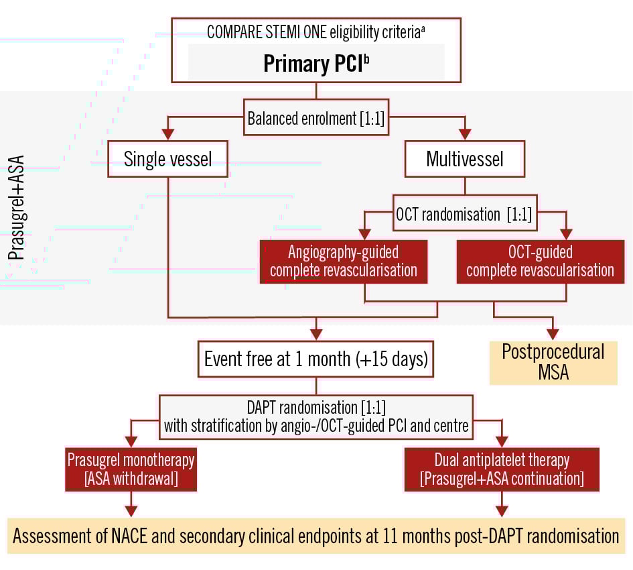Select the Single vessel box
pos(169,159)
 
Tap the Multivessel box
pos(465,160)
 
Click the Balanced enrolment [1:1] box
pos(316,119)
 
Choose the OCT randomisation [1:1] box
pos(465,216)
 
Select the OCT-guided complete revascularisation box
pos(539,262)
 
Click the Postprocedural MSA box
pos(553,362)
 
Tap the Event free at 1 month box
pos(316,359)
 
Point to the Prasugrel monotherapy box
pos(131,470)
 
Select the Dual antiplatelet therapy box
pos(502,470)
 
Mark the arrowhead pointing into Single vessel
pos(169,135)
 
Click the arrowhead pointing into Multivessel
pos(465,135)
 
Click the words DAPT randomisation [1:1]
pos(316,406)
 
